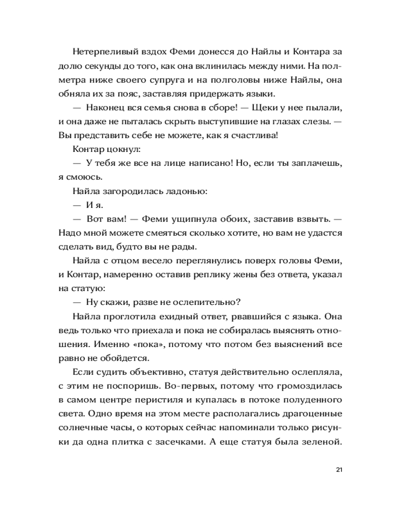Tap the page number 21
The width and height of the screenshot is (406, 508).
340,469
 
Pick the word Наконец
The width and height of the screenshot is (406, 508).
107,108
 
